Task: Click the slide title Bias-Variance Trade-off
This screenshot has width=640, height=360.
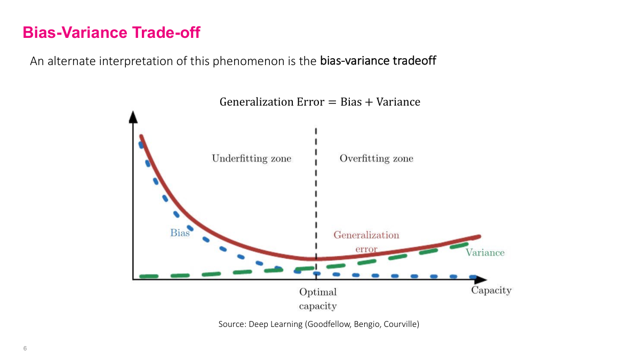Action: click(111, 33)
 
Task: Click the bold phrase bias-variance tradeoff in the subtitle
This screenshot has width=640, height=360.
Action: click(378, 61)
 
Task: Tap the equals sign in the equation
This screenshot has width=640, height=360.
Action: click(332, 102)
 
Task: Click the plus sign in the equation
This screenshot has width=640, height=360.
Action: click(369, 102)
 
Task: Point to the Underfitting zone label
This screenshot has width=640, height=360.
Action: click(251, 158)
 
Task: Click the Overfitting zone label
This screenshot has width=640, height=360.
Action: click(376, 158)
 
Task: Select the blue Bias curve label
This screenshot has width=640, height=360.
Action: click(180, 233)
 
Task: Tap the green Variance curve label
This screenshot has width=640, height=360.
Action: click(484, 253)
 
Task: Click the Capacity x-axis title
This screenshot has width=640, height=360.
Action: click(491, 291)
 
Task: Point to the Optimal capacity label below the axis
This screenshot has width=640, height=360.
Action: click(318, 299)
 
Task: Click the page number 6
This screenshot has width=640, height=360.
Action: click(25, 348)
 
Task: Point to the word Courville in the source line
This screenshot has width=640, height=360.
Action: click(399, 324)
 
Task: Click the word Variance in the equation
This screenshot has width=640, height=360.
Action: click(398, 102)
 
